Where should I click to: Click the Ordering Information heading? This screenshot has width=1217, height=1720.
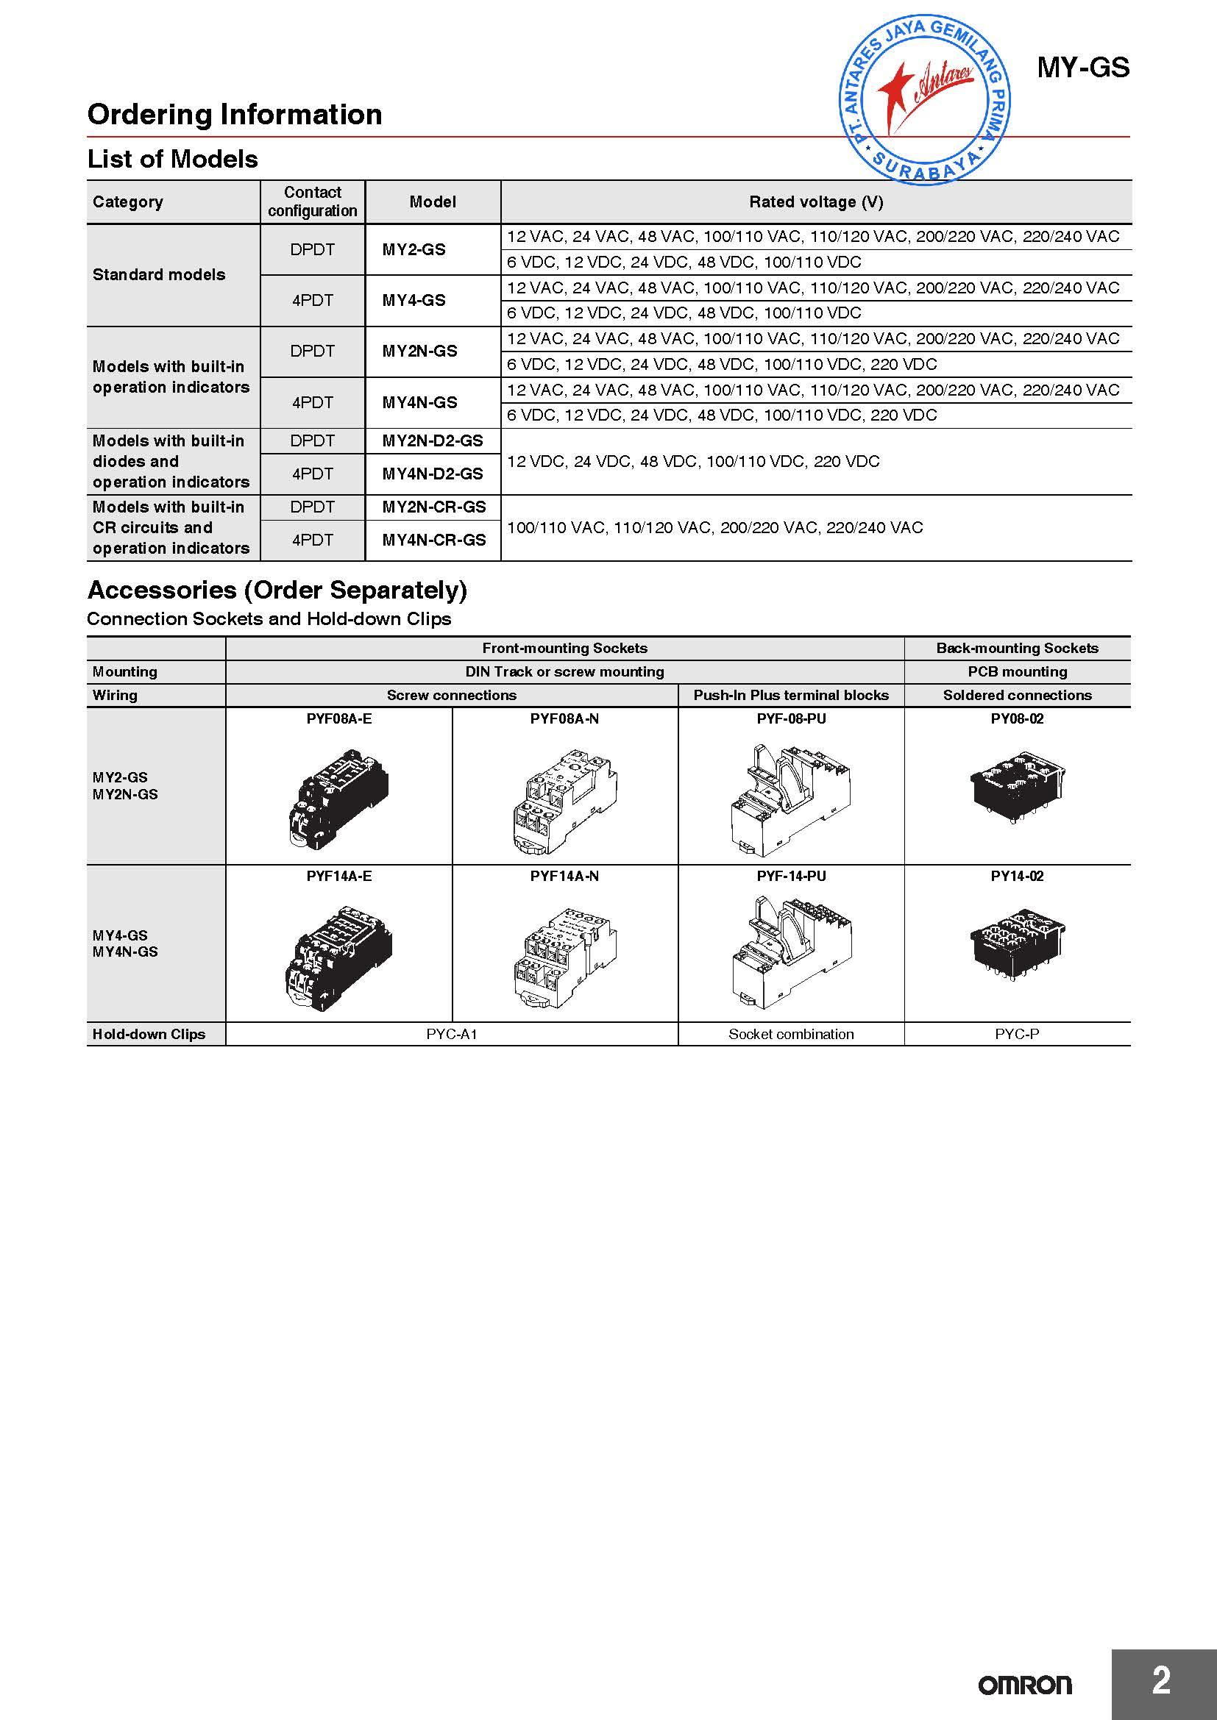[x=235, y=115]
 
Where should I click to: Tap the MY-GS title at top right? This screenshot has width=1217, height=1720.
[x=1082, y=68]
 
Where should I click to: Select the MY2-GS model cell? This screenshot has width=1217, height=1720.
[x=414, y=249]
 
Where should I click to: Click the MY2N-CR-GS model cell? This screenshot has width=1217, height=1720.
[x=434, y=507]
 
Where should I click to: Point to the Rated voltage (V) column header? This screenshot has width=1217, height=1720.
[x=815, y=201]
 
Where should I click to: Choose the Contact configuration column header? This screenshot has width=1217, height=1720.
[x=313, y=201]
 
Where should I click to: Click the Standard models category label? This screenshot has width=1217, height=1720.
[x=159, y=275]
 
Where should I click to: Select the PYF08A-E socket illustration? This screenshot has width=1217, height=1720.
[x=338, y=799]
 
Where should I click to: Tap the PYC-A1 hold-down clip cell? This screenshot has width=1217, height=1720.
[x=451, y=1034]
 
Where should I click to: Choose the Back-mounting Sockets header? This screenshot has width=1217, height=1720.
[x=1017, y=648]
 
